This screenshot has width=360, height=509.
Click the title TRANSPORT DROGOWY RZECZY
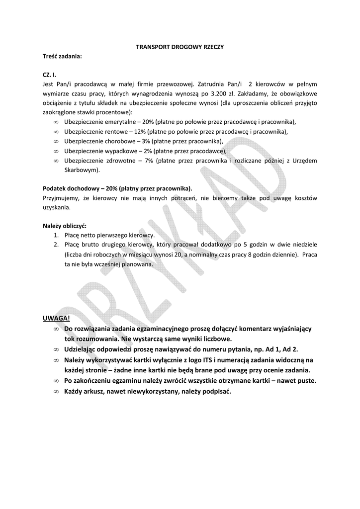(x=180, y=47)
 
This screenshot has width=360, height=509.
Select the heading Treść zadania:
(x=62, y=57)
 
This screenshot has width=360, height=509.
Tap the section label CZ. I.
(x=50, y=75)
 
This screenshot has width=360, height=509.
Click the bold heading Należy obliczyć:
(x=65, y=226)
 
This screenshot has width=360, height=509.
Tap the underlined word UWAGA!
(x=57, y=318)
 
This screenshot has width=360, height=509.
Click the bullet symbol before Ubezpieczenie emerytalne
(x=56, y=122)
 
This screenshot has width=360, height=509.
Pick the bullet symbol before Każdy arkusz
(x=56, y=391)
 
